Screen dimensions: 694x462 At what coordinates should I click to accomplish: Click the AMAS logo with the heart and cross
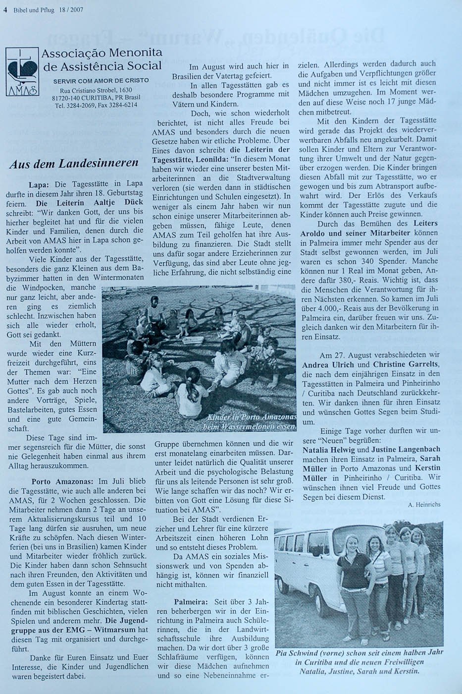22,71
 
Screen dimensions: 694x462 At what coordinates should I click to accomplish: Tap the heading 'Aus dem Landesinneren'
74,164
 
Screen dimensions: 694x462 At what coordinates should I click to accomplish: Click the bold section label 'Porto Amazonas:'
63,481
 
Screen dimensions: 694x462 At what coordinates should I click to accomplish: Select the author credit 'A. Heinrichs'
424,504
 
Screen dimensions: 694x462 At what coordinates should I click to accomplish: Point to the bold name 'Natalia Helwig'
326,450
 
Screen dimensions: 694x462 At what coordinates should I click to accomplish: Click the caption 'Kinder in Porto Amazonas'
252,417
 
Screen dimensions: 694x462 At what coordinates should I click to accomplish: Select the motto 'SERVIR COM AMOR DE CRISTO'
102,80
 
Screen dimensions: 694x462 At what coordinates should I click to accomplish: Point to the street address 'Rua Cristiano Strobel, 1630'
97,90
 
